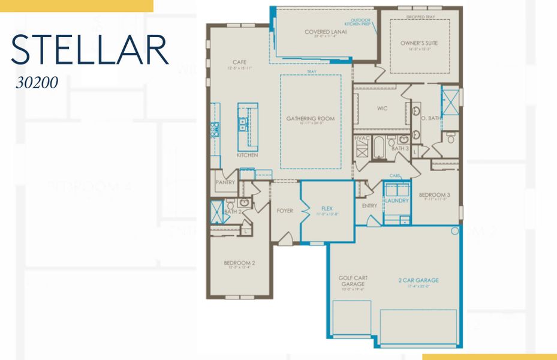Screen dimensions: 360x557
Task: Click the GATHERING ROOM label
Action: pos(310,119)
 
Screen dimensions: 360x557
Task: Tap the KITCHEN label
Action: pos(247,155)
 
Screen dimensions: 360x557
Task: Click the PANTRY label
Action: pos(225,182)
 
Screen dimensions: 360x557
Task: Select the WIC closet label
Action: pos(382,109)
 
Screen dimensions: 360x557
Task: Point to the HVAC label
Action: pos(361,139)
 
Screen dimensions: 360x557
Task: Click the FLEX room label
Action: pos(327,209)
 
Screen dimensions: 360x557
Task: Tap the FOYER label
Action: pos(285,211)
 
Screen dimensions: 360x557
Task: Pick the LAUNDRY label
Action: pos(396,200)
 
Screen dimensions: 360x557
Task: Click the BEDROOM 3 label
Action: pos(434,195)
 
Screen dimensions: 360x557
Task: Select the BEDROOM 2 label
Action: pos(240,263)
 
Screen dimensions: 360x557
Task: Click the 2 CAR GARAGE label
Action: pos(418,280)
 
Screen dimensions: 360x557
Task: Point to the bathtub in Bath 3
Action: pos(379,147)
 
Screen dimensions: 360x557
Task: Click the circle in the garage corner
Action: pos(454,230)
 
